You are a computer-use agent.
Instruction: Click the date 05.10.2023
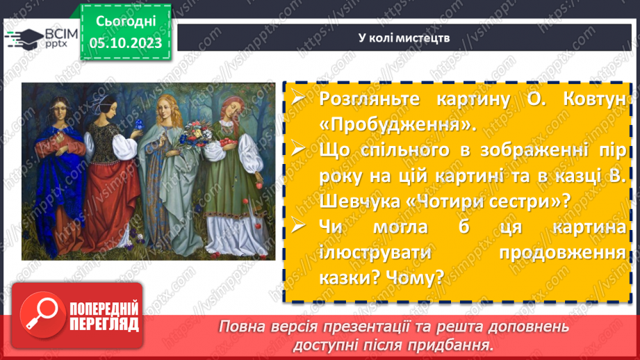click(126, 43)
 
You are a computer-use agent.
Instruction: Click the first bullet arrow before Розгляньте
click(297, 98)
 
